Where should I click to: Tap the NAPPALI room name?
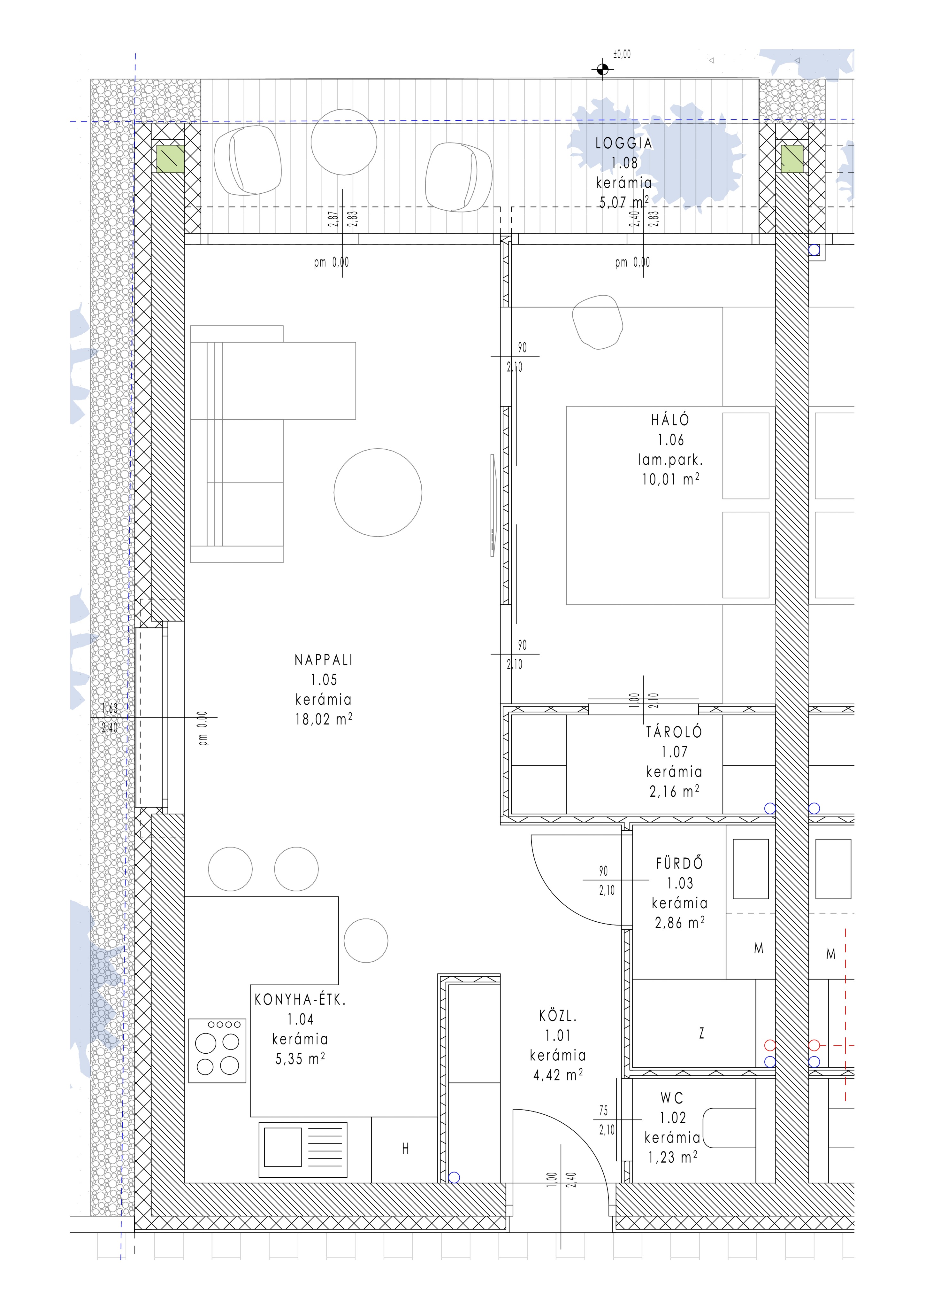[324, 660]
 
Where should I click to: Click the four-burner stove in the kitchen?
[217, 1051]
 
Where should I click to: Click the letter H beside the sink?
[405, 1149]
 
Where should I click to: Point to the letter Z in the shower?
[702, 1033]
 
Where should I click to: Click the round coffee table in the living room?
[378, 492]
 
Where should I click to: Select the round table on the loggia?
[344, 142]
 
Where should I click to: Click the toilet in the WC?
[730, 1128]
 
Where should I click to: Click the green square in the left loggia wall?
[171, 159]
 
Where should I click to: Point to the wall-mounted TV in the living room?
[493, 505]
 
